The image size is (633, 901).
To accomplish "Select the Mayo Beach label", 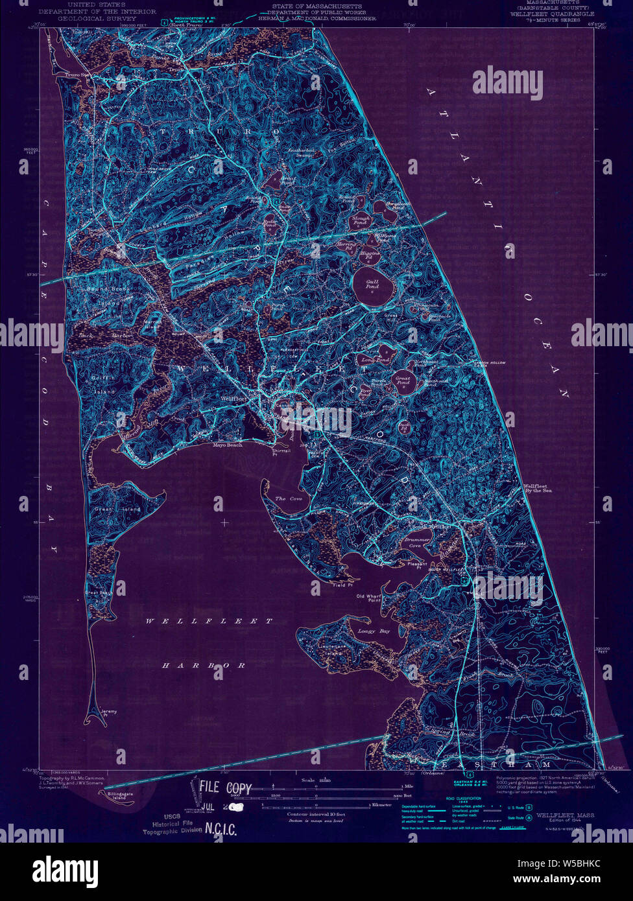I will pyautogui.click(x=228, y=445).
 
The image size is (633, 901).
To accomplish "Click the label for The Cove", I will pyautogui.click(x=289, y=498).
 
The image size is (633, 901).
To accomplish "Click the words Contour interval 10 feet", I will pyautogui.click(x=315, y=813).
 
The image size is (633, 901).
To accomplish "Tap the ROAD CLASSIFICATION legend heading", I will pyautogui.click(x=459, y=799).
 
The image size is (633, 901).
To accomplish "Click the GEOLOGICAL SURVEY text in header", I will pyautogui.click(x=97, y=19).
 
